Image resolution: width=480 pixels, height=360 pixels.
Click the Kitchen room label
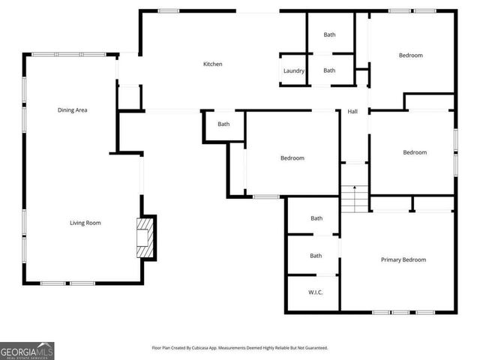(x=213, y=64)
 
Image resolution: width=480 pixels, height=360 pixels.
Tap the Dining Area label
(x=73, y=110)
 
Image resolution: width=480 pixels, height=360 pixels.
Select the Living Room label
(x=85, y=223)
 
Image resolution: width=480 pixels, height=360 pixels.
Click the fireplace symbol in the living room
(x=146, y=238)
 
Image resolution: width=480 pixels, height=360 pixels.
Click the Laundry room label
(x=293, y=71)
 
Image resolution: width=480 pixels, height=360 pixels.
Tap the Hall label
(x=352, y=112)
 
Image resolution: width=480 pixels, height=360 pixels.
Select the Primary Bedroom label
(x=403, y=260)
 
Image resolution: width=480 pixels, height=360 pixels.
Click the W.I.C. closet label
(x=316, y=292)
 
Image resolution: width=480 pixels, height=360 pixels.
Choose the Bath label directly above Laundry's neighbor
(x=329, y=34)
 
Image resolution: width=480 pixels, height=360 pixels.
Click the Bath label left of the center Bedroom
(x=223, y=124)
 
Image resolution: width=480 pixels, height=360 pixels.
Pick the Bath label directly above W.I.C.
(x=316, y=256)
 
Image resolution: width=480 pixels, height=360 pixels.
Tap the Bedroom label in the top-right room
(x=410, y=55)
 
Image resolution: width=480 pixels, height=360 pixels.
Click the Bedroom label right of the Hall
(x=415, y=153)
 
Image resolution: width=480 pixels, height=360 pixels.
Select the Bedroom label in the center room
(x=292, y=158)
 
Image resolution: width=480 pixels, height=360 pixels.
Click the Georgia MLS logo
(x=27, y=351)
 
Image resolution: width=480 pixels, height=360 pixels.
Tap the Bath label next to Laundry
(x=329, y=70)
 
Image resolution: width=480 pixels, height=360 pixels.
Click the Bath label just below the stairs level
(x=316, y=218)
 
